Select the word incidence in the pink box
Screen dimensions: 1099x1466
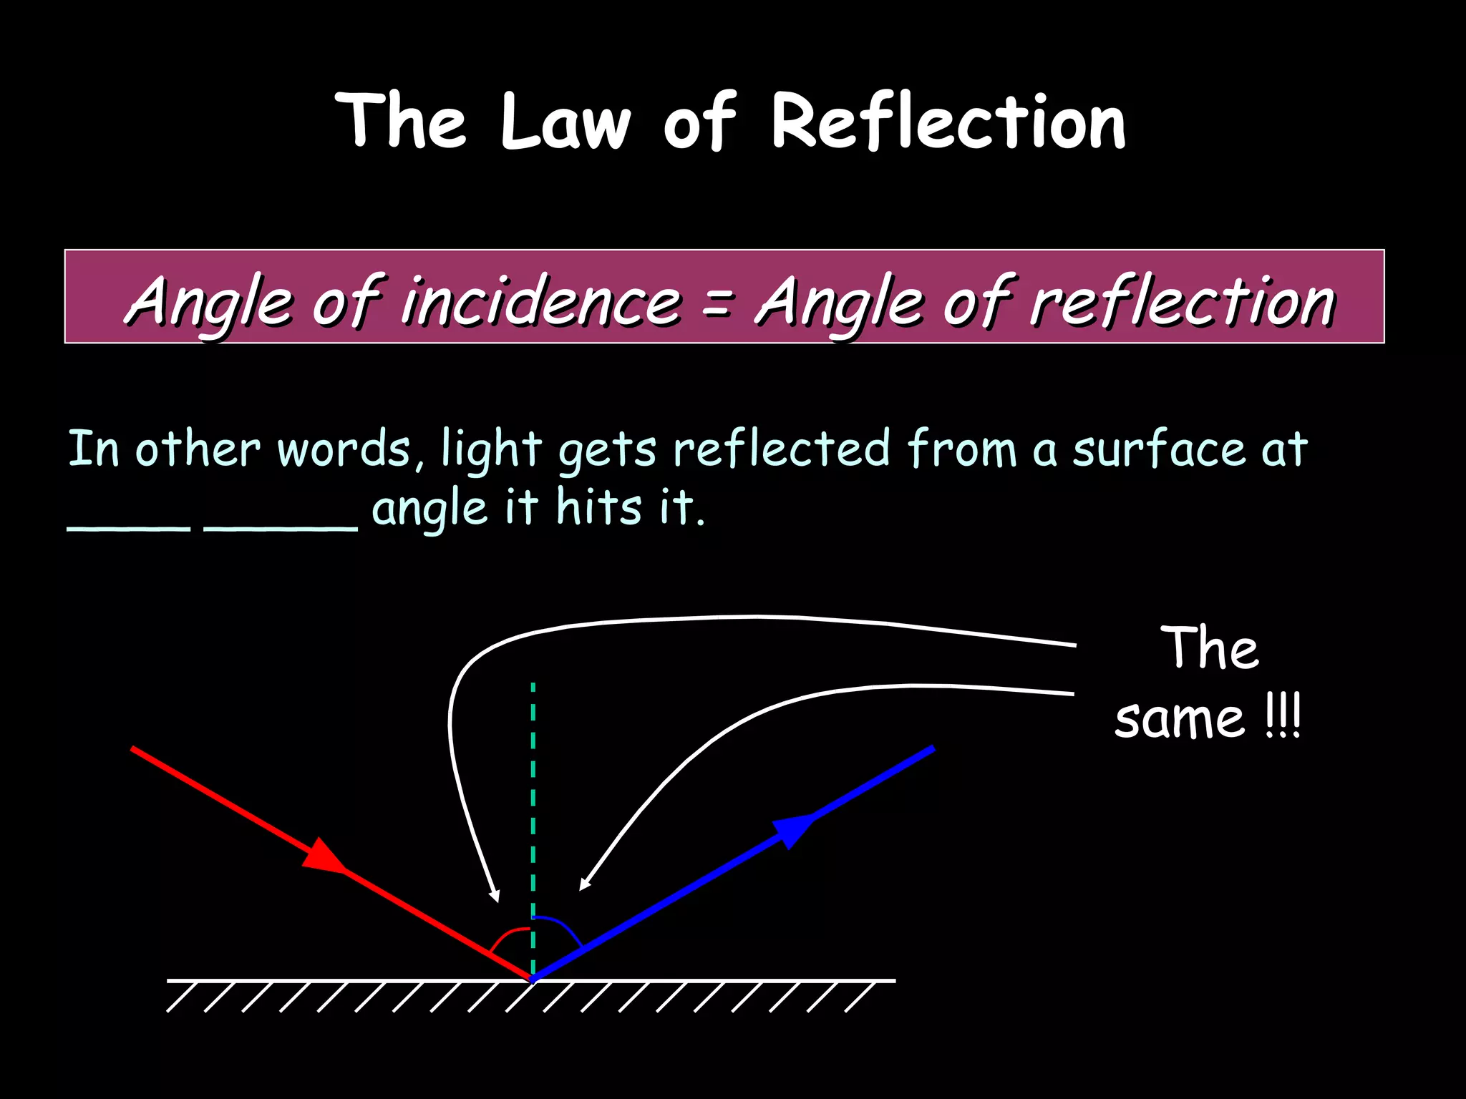click(x=540, y=301)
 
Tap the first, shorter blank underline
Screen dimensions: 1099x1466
click(x=129, y=529)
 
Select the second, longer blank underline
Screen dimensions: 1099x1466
click(x=281, y=529)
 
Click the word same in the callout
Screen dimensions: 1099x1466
click(x=1180, y=719)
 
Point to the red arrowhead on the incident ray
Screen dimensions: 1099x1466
click(x=324, y=857)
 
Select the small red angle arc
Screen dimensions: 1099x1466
click(x=508, y=937)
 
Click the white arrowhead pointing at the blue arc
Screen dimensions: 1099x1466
click(x=584, y=886)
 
